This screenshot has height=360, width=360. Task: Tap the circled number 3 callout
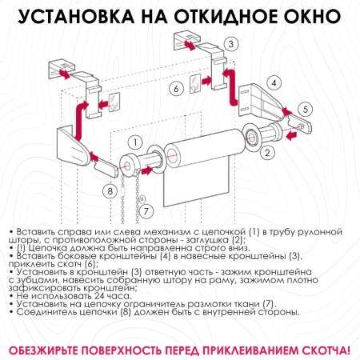pyautogui.click(x=230, y=44)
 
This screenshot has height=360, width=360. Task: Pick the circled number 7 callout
pyautogui.click(x=145, y=210)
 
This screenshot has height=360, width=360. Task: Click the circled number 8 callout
pyautogui.click(x=109, y=190)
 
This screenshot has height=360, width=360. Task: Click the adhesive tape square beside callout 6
pyautogui.click(x=194, y=82)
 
